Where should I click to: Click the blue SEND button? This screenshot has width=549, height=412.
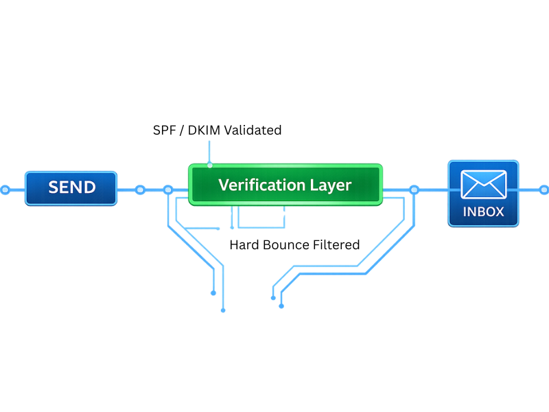[71, 187]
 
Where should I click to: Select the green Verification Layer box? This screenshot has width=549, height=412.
[285, 185]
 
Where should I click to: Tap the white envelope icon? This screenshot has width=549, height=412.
[483, 184]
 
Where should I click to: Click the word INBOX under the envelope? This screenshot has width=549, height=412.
[483, 212]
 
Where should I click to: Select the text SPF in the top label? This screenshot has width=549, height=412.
[165, 130]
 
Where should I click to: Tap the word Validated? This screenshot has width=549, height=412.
[253, 130]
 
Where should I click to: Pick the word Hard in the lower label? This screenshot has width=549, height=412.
[244, 244]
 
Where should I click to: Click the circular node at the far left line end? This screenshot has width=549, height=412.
[5, 189]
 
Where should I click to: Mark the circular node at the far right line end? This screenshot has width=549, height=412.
[544, 189]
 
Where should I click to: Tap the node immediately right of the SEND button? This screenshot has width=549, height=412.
[140, 190]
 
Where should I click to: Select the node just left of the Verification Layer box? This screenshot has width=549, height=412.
[168, 190]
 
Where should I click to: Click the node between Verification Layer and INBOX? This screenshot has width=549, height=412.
[414, 190]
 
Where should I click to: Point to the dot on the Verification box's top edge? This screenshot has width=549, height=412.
[210, 165]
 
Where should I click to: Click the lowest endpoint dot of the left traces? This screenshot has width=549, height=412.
[223, 310]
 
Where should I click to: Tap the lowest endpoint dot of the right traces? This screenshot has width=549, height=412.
[281, 306]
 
